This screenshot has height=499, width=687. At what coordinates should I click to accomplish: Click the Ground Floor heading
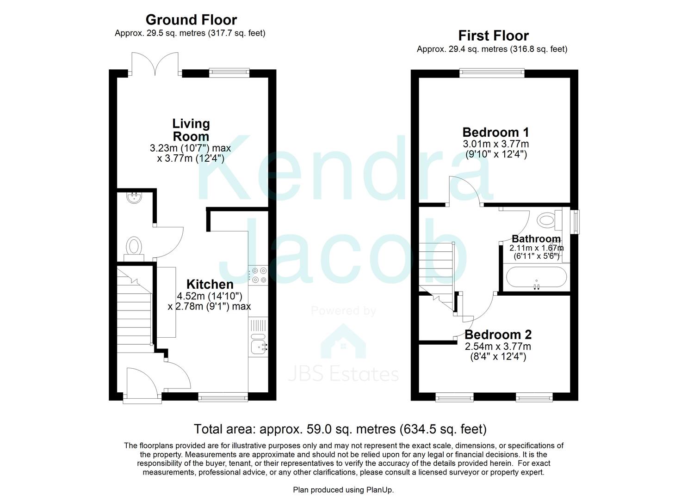coord(191,20)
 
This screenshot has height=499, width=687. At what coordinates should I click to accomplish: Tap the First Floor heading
coord(494,36)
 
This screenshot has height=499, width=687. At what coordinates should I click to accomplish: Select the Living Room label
coord(191,130)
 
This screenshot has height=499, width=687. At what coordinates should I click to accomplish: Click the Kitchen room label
coord(210,284)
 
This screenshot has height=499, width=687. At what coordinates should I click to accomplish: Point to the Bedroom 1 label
coord(495,132)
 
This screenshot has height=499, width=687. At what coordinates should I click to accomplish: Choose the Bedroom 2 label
coord(498,335)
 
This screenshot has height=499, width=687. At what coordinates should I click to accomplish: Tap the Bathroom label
coord(536,238)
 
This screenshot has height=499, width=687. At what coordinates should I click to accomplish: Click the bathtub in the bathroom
coord(536,277)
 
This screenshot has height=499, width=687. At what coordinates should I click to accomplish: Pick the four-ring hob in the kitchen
coord(258,275)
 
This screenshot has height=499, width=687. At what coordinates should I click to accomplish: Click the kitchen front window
coord(223,398)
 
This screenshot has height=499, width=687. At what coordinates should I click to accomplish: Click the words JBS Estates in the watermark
coord(343,374)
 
